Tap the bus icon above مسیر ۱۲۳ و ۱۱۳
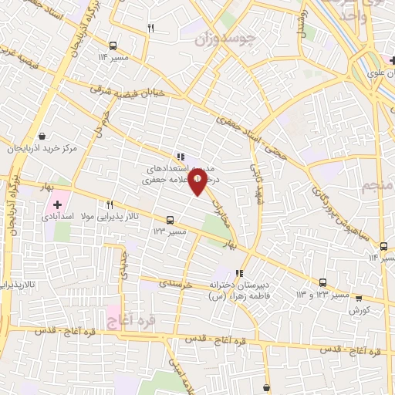322,283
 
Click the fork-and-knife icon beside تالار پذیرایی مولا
110,205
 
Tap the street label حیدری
123,265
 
